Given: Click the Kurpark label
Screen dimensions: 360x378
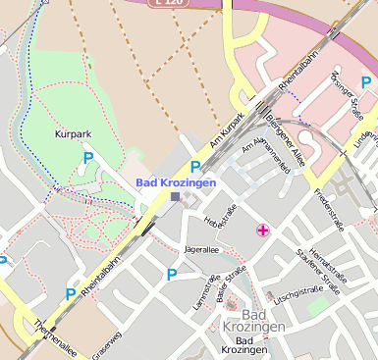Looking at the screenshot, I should (72, 132).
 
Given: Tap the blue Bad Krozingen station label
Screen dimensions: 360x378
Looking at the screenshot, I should (175, 182).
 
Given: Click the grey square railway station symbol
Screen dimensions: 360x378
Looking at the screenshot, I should (175, 197).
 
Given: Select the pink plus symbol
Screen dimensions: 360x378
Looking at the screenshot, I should (262, 231).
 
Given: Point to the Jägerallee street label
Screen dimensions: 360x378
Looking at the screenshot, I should (202, 250).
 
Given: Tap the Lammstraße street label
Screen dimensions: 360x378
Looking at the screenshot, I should (202, 293).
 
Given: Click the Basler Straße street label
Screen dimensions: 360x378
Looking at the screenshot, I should (231, 283).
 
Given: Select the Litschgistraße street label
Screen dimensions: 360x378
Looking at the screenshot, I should (299, 291).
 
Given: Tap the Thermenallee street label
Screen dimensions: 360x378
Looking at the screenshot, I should (54, 334).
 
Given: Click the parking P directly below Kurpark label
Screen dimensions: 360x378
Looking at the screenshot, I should (87, 157).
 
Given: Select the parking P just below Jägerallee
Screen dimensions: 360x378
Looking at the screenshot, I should (173, 275).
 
